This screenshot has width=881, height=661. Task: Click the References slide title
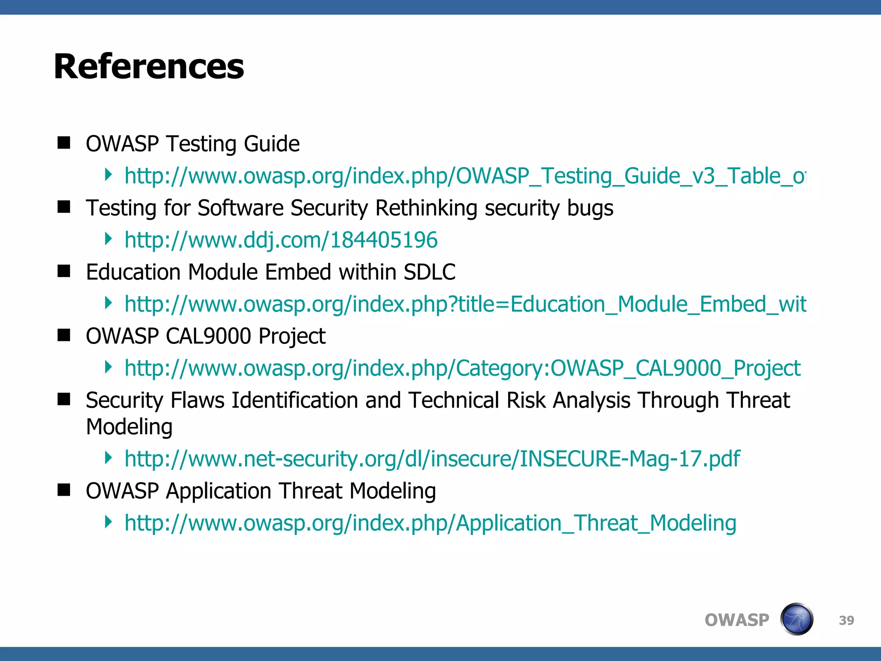pos(149,67)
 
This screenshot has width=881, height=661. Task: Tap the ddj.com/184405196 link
pos(281,240)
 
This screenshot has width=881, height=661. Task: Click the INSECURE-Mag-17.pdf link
pos(432,458)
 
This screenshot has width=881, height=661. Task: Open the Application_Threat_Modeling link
pos(430,523)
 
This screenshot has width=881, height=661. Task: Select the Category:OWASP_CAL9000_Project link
pos(462,368)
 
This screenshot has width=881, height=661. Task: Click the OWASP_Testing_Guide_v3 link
pos(465,176)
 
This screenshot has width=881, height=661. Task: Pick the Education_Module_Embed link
pos(465,304)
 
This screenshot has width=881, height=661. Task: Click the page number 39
pos(846,620)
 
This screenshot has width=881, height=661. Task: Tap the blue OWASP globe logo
pos(797,619)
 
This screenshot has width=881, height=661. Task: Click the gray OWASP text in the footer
pos(736,620)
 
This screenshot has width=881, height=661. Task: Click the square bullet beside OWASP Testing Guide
pos(64,143)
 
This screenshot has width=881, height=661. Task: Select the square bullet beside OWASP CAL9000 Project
pos(64,335)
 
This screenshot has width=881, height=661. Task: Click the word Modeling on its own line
pos(129,427)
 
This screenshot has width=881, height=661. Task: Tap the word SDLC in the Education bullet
pos(429,272)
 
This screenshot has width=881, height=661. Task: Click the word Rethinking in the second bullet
pos(426,208)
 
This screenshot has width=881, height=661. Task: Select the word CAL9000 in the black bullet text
pos(208,336)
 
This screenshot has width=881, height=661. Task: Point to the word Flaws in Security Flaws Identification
pos(197,400)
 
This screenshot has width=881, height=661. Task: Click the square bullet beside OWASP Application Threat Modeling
pos(64,490)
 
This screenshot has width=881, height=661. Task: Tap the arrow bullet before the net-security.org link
pos(108,457)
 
